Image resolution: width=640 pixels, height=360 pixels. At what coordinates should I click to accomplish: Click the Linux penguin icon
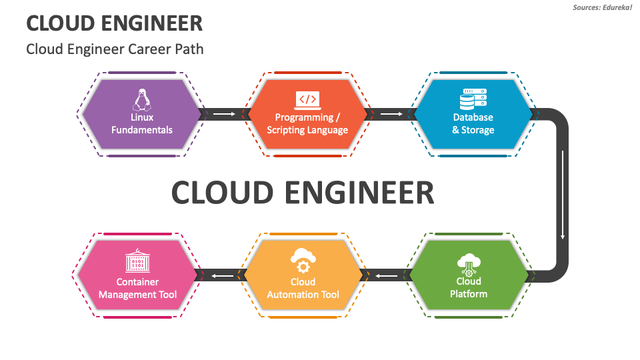141,100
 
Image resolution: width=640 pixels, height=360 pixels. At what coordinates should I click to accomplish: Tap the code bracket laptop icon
307,100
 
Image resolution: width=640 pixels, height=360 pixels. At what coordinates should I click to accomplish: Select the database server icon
473,99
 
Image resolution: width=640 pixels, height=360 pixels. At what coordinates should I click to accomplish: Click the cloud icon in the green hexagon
468,264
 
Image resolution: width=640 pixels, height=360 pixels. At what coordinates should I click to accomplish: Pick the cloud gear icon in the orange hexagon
303,261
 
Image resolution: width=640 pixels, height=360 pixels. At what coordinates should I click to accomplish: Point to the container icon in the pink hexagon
137,261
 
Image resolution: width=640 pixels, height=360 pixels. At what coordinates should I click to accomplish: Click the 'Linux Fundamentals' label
141,123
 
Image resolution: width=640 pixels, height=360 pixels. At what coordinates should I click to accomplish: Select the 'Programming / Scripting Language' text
307,123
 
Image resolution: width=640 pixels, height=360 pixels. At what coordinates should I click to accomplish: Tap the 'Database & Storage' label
473,123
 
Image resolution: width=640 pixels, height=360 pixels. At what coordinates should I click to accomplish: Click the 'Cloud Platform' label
468,287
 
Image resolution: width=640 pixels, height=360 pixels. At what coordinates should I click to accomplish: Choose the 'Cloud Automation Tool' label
303,288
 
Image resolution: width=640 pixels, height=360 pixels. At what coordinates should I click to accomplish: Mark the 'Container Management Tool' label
137,288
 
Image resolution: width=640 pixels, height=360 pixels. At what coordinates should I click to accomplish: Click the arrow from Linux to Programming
224,115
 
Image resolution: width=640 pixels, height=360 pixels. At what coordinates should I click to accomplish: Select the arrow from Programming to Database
391,115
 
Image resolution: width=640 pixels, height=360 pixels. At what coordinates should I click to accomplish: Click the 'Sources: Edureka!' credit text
602,7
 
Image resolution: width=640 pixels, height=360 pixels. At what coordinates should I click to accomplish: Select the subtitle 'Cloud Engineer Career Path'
115,49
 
